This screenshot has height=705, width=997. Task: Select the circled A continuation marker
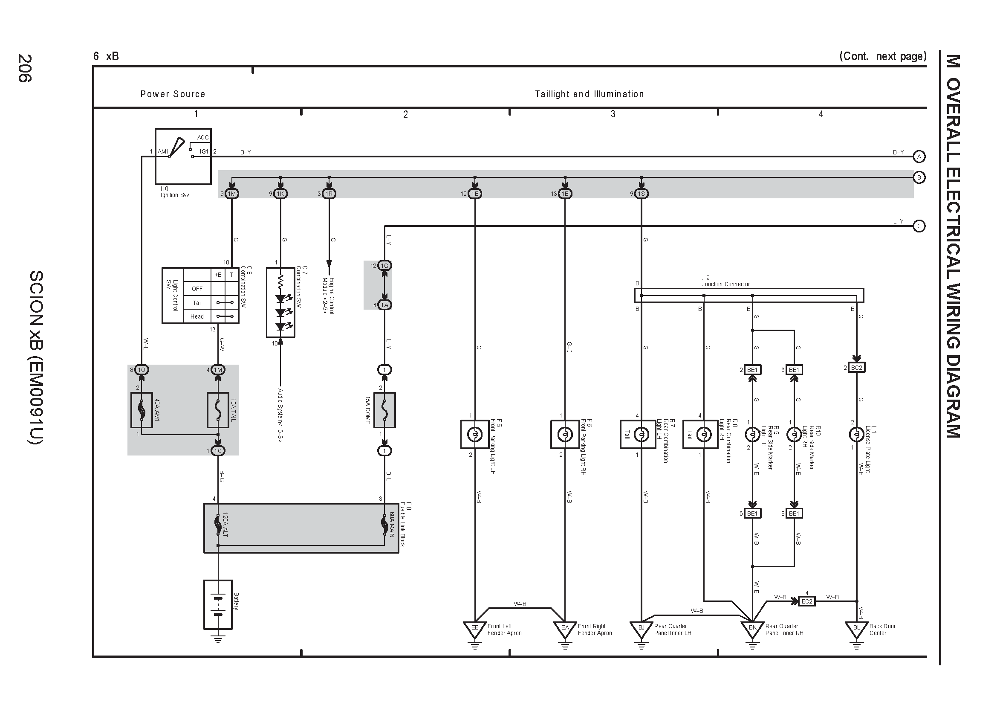coord(919,157)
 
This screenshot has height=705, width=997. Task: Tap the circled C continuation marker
coord(919,226)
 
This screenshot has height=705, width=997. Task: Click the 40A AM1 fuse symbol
coord(142,410)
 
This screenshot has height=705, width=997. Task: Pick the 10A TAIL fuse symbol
coord(218,410)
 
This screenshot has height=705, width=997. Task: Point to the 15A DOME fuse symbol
coord(384,410)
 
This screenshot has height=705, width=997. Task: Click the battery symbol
coord(218,604)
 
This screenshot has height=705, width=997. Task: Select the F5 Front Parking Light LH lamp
coord(474,434)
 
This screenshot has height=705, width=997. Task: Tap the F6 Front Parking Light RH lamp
coord(565,434)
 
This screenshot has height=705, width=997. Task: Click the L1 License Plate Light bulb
coord(856,434)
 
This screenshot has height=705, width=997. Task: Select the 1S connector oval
coord(642,194)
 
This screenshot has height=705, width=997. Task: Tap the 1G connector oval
coord(384,265)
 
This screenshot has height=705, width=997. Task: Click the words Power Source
coord(173,94)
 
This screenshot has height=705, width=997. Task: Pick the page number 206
coord(25,68)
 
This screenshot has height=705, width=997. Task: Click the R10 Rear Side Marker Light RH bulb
coord(794,434)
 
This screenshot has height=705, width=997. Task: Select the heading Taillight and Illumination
coord(589,94)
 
